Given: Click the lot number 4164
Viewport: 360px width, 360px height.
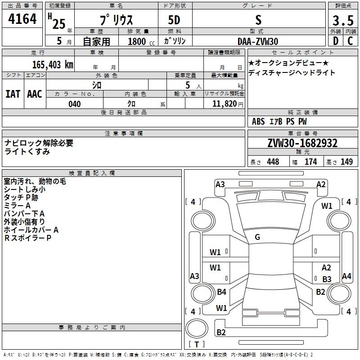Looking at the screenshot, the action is (x=22, y=18).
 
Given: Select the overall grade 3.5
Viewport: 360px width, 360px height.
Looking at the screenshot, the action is (x=343, y=20).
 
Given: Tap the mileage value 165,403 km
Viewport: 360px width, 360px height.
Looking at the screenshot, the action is (x=53, y=64).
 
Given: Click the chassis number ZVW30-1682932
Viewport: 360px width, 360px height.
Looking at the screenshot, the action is (x=302, y=143).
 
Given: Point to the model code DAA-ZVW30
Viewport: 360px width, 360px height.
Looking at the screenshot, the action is (x=258, y=41).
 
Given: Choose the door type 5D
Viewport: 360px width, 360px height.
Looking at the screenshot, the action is (x=174, y=20).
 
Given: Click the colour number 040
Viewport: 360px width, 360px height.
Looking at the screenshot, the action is (x=74, y=104).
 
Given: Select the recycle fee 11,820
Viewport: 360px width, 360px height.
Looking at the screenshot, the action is (x=224, y=104).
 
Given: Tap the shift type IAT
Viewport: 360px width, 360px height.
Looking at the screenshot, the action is (x=13, y=94).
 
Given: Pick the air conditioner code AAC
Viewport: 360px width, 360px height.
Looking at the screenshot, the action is (x=35, y=94).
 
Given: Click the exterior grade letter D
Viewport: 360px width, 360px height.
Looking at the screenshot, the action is (x=336, y=41).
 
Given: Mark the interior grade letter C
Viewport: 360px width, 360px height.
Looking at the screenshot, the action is (x=350, y=41).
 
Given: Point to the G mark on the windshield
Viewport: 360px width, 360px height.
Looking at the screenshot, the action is (x=257, y=237).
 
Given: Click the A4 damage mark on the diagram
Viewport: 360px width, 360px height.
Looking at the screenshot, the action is (x=346, y=276).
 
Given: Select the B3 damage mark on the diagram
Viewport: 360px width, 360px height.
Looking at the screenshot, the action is (x=327, y=279).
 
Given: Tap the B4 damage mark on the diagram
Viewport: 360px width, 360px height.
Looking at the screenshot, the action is (x=221, y=292).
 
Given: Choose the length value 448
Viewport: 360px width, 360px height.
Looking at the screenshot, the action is (x=273, y=162).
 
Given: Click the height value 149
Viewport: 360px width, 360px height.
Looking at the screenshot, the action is (x=346, y=162).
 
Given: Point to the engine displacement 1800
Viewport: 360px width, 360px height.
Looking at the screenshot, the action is (x=137, y=41).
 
